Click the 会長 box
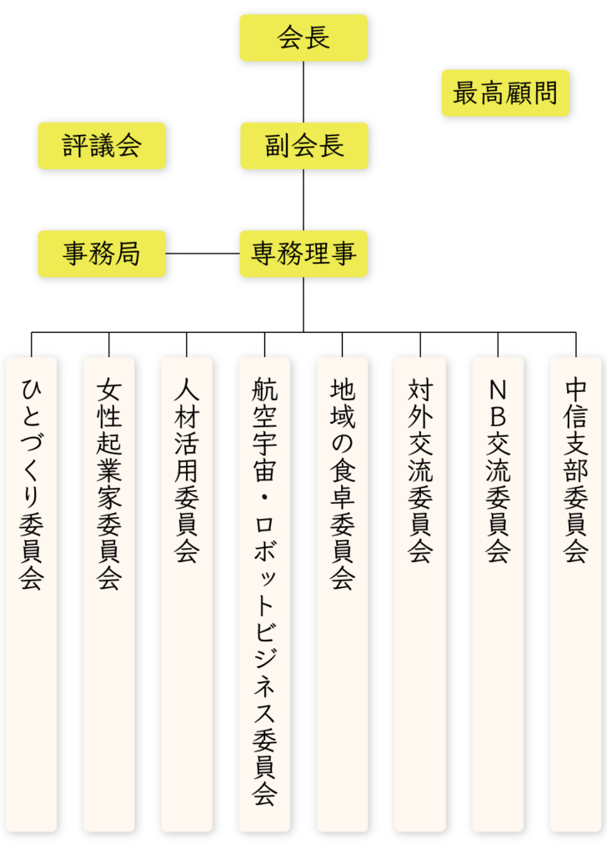(x=303, y=38)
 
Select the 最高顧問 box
(x=504, y=93)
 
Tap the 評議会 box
(x=102, y=146)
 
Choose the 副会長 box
(x=303, y=146)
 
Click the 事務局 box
(x=102, y=254)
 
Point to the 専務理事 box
(x=303, y=254)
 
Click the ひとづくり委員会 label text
(x=32, y=485)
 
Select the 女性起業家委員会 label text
(x=109, y=485)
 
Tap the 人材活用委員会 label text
(x=187, y=471)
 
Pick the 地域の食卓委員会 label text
(x=342, y=485)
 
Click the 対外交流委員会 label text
(x=420, y=471)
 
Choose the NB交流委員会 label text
(x=498, y=471)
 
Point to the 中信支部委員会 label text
(x=575, y=471)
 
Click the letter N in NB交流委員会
(x=498, y=390)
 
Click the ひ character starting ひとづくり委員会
(x=32, y=390)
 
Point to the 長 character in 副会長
(x=331, y=146)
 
